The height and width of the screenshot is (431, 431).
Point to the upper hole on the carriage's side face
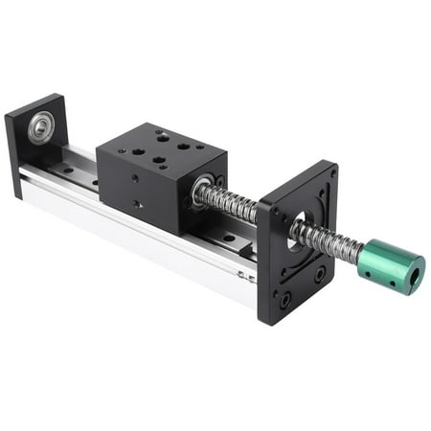coord(135,178)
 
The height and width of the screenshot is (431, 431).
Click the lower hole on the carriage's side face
coord(139,203)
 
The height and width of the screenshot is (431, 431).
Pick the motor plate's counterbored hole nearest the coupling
coord(319,275)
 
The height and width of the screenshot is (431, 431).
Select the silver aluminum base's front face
coord(144,239)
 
